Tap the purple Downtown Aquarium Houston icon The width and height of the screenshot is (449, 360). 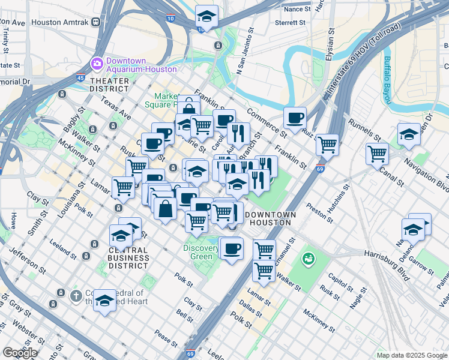pyautogui.click(x=97, y=63)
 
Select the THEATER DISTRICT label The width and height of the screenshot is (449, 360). pyautogui.click(x=109, y=85)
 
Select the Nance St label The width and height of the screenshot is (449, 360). pyautogui.click(x=297, y=10)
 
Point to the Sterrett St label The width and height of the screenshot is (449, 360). pyautogui.click(x=290, y=23)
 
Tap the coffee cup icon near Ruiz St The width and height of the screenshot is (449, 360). pyautogui.click(x=294, y=118)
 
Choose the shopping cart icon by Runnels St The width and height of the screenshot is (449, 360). pyautogui.click(x=377, y=153)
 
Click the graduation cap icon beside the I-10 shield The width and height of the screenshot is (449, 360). pyautogui.click(x=206, y=16)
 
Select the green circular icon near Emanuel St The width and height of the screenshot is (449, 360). pyautogui.click(x=309, y=259)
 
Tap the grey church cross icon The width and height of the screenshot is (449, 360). pyautogui.click(x=76, y=295)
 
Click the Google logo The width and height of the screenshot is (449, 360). pyautogui.click(x=20, y=353)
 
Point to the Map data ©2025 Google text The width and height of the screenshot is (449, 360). pyautogui.click(x=412, y=355)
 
